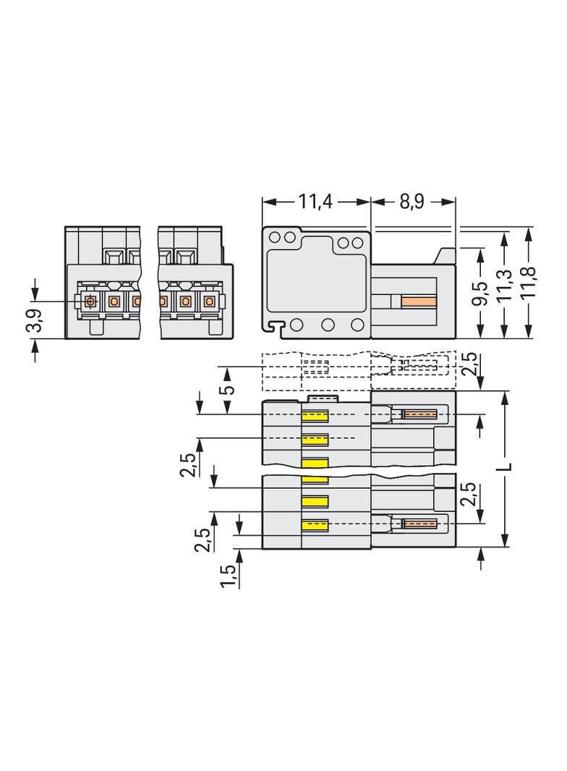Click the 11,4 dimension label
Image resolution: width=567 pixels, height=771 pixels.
[x=315, y=202]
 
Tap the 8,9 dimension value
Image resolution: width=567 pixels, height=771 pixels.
[x=412, y=202]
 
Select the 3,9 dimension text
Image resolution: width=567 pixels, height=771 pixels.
[x=36, y=320]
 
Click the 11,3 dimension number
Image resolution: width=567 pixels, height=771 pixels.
[x=505, y=286]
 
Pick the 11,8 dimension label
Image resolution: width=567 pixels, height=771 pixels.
[x=528, y=283]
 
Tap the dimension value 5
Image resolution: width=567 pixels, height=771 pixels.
[x=229, y=391]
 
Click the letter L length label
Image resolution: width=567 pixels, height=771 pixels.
[x=507, y=466]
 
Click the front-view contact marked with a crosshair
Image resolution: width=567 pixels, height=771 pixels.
[x=90, y=300]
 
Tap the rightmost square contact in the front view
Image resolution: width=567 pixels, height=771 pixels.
[x=210, y=300]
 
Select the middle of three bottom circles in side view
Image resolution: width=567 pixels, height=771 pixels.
[x=328, y=325]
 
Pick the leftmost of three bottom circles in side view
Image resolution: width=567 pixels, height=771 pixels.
[x=297, y=325]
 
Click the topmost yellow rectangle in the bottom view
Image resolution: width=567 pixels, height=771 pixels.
[x=315, y=417]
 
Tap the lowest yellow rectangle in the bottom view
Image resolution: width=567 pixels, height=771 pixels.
[x=315, y=526]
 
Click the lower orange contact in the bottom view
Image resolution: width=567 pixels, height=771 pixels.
[x=420, y=523]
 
